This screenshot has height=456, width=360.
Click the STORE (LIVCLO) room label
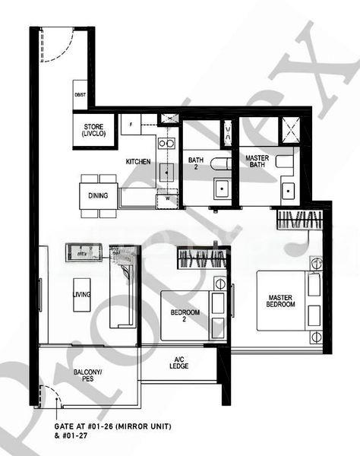pos(94,130)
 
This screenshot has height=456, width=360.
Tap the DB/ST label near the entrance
pos(81,94)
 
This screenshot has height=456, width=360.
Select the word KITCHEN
pos(137,162)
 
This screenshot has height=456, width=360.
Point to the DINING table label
pos(98,195)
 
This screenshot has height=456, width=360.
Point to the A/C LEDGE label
pos(179,362)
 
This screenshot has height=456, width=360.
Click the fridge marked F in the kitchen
pos(131,122)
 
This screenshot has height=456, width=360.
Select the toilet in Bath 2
pos(219,162)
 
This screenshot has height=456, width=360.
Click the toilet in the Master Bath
pos(284,160)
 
